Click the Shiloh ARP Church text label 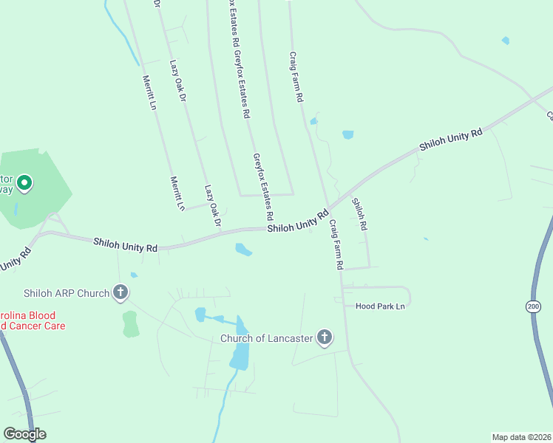tap(67, 293)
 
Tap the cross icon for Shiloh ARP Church tap(121, 293)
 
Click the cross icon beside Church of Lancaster tap(324, 338)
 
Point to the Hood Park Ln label tap(381, 306)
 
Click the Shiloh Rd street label tap(359, 214)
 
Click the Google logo tap(24, 434)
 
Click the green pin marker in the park tap(24, 182)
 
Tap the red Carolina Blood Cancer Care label tap(33, 320)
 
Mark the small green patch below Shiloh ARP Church tap(130, 323)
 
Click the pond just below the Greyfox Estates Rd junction tap(242, 250)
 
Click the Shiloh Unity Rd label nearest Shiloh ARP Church tap(126, 245)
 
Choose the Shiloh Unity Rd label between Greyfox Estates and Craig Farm tap(297, 221)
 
